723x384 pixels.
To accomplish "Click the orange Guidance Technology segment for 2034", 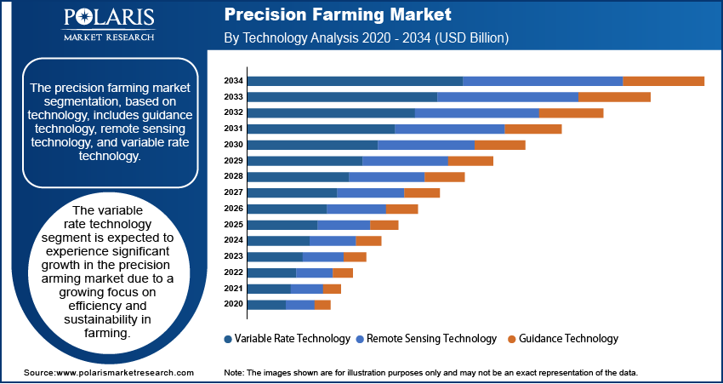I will [663, 81].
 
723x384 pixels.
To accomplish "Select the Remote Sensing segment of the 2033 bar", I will [507, 97].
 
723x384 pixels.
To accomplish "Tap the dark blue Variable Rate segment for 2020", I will [266, 305].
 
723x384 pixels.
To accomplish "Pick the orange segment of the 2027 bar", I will [422, 192].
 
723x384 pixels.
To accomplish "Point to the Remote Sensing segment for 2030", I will [425, 145].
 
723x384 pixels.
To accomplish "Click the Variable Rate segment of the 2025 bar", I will [282, 225].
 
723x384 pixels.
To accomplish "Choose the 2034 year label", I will [234, 81].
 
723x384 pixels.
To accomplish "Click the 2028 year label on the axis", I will [234, 177].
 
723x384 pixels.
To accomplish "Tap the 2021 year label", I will [234, 289].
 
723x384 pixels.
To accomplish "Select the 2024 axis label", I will [234, 241].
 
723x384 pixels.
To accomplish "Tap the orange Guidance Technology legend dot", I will [511, 339].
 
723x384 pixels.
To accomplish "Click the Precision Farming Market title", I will [338, 15].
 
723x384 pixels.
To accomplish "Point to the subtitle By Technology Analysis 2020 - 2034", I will [366, 38].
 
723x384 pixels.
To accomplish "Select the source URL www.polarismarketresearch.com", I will [124, 373].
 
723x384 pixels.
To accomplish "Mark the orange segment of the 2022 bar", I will [343, 272].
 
